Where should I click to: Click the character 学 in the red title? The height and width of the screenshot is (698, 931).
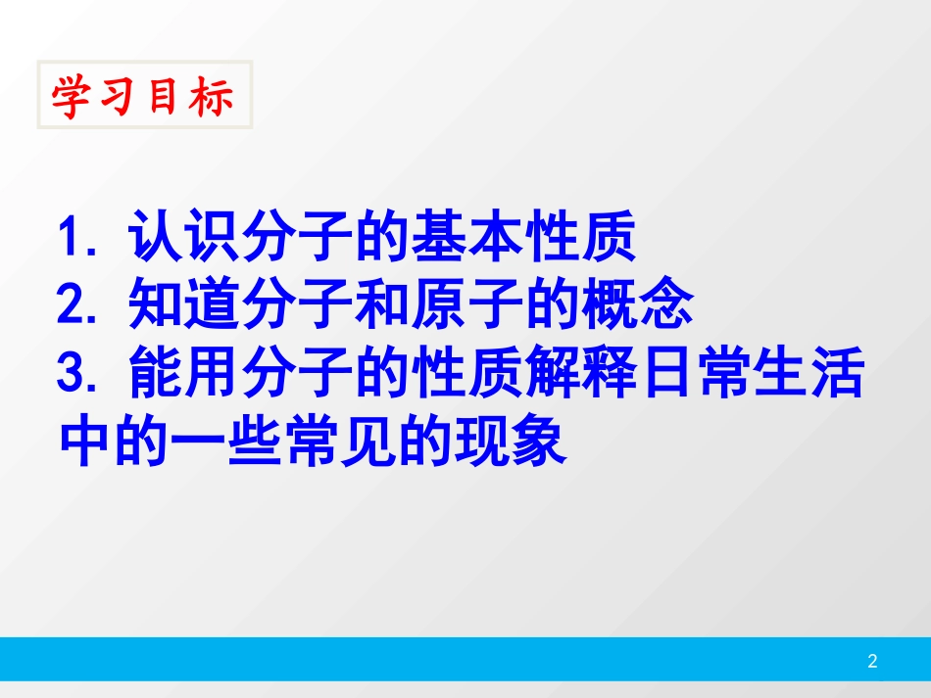coord(71,97)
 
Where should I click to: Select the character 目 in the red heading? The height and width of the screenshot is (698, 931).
coord(165,97)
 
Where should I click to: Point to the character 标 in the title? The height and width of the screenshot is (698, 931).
coord(212,97)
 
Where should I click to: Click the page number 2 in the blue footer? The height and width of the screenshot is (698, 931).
coord(872,662)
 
